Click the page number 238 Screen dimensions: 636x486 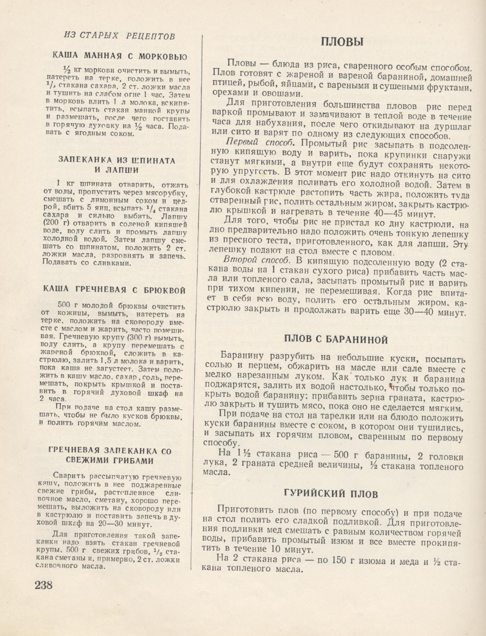click(x=44, y=585)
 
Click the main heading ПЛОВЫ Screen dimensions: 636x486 click(x=342, y=42)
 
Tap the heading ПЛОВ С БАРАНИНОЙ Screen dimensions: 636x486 click(x=336, y=339)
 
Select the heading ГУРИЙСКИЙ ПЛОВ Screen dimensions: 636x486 click(x=331, y=493)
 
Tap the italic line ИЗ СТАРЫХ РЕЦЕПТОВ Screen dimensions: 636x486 click(x=120, y=36)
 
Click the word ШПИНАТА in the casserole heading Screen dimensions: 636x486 click(x=152, y=160)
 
